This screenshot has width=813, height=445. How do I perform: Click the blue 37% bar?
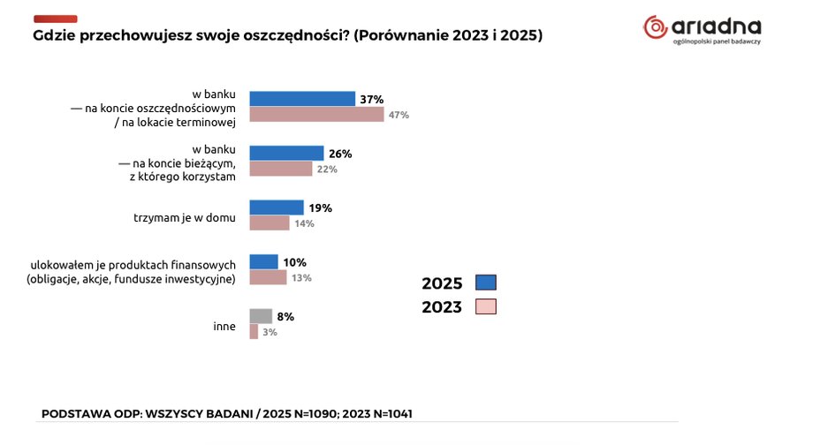(302, 99)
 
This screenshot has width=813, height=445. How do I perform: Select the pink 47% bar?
(316, 115)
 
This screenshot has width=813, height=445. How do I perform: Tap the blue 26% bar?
(286, 153)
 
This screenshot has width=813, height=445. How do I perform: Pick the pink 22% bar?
(281, 169)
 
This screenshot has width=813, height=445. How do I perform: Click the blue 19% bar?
(277, 207)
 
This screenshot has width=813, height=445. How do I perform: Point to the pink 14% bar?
(270, 223)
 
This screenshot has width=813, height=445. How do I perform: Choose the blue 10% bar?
(264, 261)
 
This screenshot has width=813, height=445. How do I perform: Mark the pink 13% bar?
(268, 277)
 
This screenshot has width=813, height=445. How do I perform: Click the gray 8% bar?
(261, 316)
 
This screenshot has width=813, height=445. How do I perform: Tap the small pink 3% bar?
(254, 332)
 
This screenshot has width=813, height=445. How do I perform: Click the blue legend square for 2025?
(486, 283)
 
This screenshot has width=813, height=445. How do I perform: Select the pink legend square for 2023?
(486, 306)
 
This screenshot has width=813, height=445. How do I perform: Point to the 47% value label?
(399, 116)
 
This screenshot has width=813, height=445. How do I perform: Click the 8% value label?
(285, 316)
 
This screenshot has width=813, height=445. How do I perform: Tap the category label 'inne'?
(224, 326)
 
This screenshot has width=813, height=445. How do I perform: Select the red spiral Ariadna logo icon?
(656, 27)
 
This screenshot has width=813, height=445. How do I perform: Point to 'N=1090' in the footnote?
(308, 413)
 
